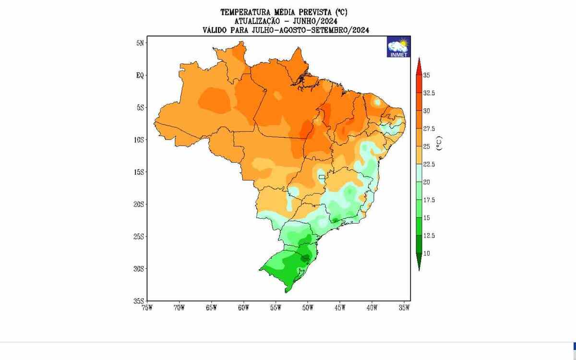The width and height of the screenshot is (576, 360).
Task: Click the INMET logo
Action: (x=398, y=48)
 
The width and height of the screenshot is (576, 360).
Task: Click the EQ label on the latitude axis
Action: (x=140, y=75)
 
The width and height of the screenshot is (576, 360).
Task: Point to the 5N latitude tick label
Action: (x=140, y=43)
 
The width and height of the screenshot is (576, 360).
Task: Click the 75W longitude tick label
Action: (x=147, y=308)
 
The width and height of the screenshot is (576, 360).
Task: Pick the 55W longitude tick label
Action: (x=276, y=308)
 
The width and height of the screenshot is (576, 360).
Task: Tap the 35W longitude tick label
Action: (x=404, y=308)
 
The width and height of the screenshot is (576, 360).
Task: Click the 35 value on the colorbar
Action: (x=426, y=75)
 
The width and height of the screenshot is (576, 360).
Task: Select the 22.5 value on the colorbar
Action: (x=429, y=164)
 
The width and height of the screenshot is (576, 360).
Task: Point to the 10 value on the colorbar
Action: (x=426, y=253)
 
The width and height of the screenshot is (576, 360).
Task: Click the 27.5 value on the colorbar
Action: (x=429, y=129)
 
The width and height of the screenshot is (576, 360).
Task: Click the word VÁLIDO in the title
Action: (x=216, y=30)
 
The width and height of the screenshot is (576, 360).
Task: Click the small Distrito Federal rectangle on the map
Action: (x=322, y=180)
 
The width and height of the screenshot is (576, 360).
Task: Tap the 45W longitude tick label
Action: (x=340, y=308)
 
